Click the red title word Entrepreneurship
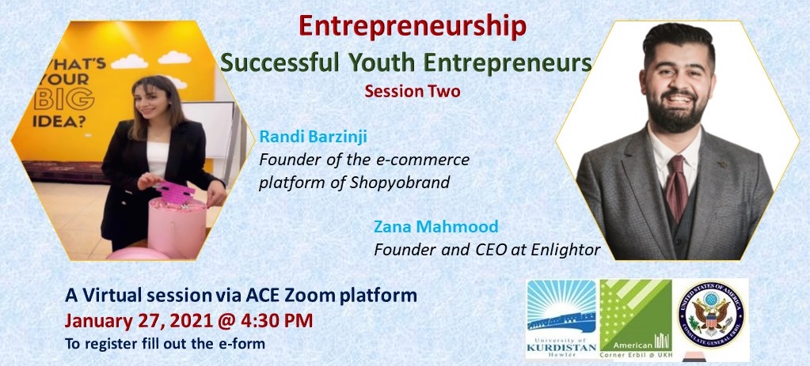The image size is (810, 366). (x=413, y=28)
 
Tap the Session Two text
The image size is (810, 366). (x=413, y=91)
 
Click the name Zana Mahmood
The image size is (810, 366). (x=436, y=226)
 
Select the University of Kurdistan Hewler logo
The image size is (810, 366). (x=561, y=319)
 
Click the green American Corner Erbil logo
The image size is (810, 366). (x=636, y=319)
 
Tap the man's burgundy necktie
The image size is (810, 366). (x=677, y=187)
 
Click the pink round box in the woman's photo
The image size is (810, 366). (x=177, y=227)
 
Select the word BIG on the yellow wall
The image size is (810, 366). (x=64, y=99)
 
